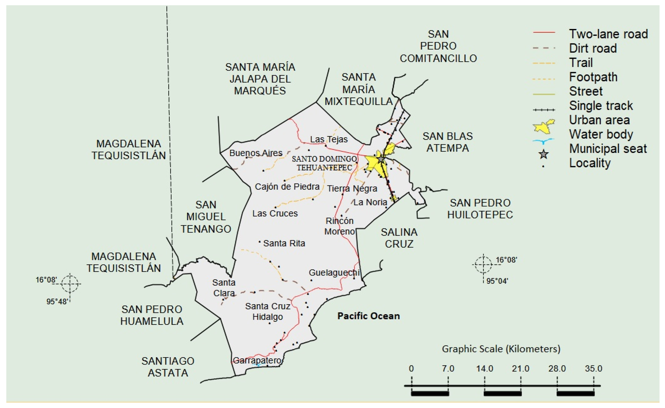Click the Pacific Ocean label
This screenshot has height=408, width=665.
(368, 316)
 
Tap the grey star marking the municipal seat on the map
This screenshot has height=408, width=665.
(381, 159)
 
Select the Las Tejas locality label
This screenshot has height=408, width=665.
(329, 139)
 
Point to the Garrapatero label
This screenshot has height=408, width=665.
(257, 360)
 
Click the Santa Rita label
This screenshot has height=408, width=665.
(284, 243)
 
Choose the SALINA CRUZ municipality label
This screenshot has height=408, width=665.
(399, 238)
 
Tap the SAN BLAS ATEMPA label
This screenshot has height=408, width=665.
(447, 142)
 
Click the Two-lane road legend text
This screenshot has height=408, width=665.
(608, 34)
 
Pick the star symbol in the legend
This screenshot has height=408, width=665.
(544, 154)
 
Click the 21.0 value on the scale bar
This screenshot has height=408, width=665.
(520, 368)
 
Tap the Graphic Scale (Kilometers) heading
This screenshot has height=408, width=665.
(501, 349)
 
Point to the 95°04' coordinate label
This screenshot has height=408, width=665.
(497, 281)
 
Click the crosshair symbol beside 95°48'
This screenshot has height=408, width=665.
(70, 284)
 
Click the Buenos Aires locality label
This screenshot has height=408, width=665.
(256, 153)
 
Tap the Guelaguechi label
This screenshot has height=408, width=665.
(334, 273)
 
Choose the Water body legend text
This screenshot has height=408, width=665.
(601, 134)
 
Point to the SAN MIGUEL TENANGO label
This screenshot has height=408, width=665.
(206, 217)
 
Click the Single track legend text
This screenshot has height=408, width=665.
(601, 105)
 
